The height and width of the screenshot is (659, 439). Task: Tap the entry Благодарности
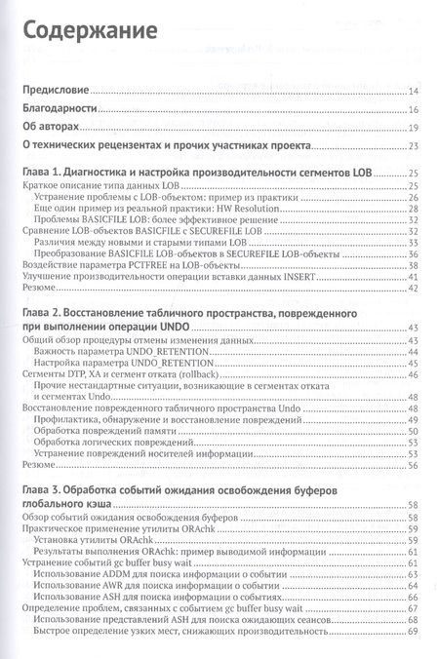coord(61,109)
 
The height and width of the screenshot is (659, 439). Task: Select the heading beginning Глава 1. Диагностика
coord(196,173)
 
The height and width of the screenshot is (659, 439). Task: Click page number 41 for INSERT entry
coord(414,276)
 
